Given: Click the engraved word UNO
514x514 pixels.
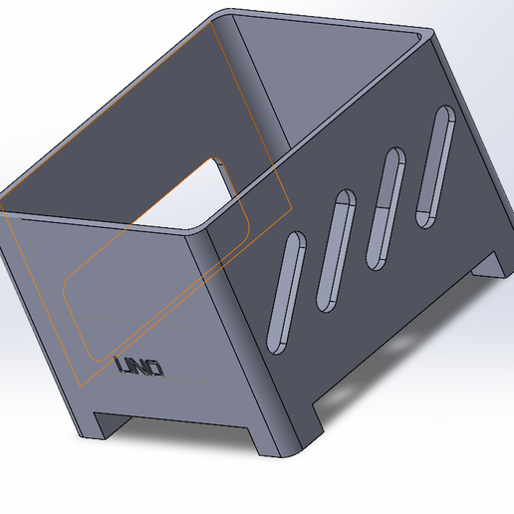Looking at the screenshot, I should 139,368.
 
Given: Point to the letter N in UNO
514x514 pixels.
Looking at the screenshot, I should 140,368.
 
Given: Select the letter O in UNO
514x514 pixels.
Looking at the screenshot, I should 155,369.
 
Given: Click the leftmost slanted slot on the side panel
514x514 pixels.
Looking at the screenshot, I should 286,291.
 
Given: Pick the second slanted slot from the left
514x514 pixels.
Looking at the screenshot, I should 337,249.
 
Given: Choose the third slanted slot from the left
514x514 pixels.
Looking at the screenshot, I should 386,209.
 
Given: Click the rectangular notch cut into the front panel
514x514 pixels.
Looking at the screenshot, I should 189,189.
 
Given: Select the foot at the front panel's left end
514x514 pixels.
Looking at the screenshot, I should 100,424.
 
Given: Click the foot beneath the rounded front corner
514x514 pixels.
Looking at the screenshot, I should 289,438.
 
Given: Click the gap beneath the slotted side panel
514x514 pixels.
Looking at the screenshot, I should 398,339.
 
